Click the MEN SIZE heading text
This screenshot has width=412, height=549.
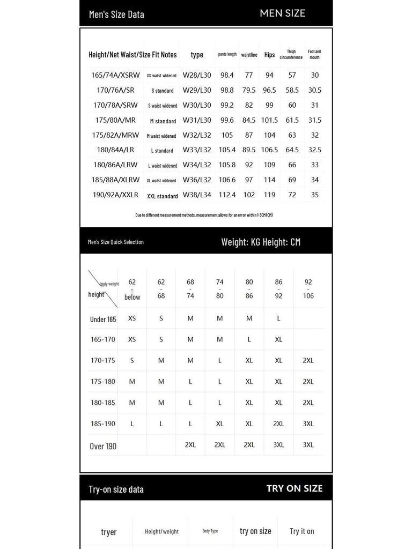282,13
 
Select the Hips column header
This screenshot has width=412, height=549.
269,55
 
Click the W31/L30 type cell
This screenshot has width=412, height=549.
197,121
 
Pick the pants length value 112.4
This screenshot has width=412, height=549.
227,195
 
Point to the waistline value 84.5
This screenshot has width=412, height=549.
249,121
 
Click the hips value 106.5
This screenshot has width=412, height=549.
269,150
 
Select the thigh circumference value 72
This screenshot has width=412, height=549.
292,195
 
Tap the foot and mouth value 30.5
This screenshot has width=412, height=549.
315,91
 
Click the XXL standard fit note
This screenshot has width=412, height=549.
163,196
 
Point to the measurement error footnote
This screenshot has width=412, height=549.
204,215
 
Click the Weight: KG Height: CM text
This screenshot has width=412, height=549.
261,242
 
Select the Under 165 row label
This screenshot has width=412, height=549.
103,320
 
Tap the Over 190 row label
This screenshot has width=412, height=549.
103,446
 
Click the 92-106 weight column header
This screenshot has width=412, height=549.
308,289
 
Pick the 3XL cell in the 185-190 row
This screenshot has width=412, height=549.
308,424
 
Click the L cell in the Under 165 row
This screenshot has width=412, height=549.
278,318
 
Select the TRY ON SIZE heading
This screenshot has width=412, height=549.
295,488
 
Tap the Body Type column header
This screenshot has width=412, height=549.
210,531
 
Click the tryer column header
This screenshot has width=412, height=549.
109,532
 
